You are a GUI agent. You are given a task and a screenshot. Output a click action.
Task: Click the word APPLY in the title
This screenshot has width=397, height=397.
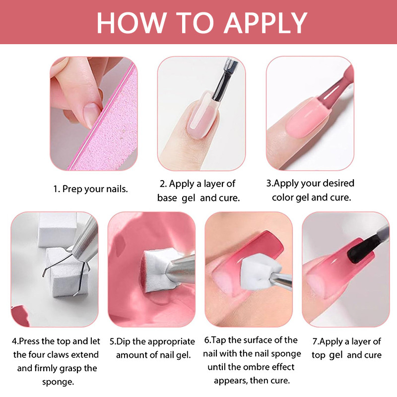[x=265, y=23]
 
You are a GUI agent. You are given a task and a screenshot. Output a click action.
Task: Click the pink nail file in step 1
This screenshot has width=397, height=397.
[x=109, y=122]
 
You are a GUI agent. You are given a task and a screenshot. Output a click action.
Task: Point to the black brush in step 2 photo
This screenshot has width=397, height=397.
[x=223, y=81]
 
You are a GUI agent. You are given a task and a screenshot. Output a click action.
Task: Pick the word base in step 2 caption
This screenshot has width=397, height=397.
[x=167, y=198]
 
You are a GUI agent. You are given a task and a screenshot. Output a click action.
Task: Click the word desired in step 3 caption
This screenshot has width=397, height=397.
[x=338, y=183]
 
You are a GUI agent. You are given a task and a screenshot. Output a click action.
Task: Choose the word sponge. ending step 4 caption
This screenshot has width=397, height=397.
[x=58, y=382]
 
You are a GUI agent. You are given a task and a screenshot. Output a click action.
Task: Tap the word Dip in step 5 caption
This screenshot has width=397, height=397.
[x=123, y=341]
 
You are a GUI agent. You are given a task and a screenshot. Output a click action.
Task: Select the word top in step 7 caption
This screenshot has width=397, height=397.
[x=319, y=355]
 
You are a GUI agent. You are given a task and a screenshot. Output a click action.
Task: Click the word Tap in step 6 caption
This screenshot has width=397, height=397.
[x=219, y=340]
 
